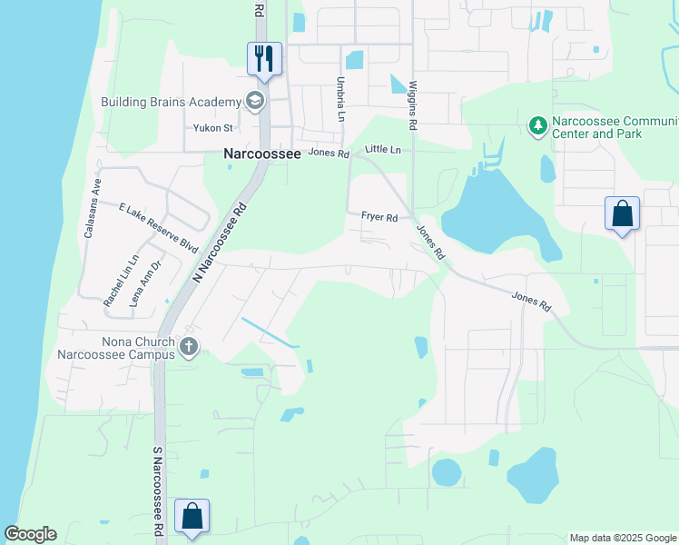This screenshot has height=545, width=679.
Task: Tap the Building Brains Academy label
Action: pos(171,101)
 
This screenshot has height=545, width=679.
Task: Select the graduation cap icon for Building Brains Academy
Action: pos(255,101)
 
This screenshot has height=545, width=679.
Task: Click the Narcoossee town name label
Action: pos(262,155)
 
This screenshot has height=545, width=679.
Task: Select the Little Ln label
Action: pos(382,149)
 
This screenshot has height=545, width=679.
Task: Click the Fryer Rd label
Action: pos(379,218)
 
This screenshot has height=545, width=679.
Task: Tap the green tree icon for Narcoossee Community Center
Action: pos(537,125)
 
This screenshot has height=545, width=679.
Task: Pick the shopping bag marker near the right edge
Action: pos(622,214)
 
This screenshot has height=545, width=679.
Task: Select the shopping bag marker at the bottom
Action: pos(192,517)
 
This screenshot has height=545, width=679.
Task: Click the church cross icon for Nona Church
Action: pos(189,345)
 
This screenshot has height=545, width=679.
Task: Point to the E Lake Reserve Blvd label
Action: pos(158,227)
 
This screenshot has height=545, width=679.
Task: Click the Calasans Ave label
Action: pos(93,208)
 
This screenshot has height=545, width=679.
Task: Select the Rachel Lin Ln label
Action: pos(120,280)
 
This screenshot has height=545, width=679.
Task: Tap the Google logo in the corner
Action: pos(30,534)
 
